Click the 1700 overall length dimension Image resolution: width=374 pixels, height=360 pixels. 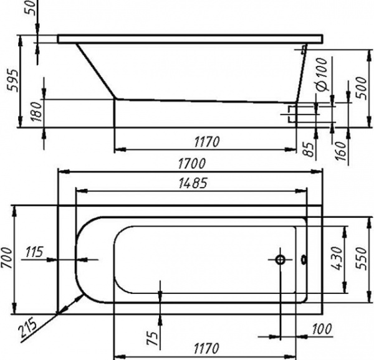[x=191, y=164]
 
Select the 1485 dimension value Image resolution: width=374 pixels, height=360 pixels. [x=193, y=183]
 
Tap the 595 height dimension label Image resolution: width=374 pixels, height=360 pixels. [x=12, y=80]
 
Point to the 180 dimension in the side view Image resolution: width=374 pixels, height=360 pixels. [x=37, y=111]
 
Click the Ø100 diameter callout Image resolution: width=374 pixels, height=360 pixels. [x=322, y=74]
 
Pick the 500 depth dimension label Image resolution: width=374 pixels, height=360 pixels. [x=361, y=88]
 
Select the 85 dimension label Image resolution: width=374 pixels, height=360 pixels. [x=309, y=149]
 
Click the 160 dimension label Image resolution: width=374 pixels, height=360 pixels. [x=340, y=151]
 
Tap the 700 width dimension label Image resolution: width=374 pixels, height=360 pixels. [x=6, y=258]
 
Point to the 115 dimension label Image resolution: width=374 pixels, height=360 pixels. [x=34, y=252]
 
